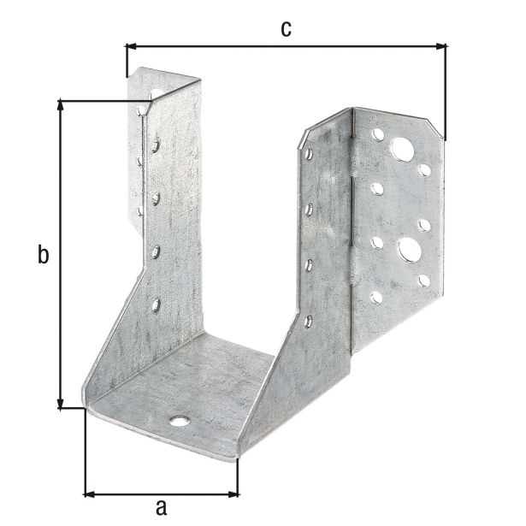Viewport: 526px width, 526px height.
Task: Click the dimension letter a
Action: pyautogui.click(x=161, y=505)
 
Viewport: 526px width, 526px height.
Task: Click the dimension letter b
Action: pyautogui.click(x=41, y=254)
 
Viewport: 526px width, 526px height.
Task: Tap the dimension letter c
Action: pyautogui.click(x=286, y=28)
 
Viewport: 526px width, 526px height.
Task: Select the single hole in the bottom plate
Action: pyautogui.click(x=178, y=421)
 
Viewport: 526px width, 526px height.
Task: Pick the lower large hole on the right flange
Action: pyautogui.click(x=408, y=250)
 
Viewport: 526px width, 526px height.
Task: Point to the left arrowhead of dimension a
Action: pyautogui.click(x=89, y=493)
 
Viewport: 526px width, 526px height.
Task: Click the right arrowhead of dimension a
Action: pyautogui.click(x=235, y=493)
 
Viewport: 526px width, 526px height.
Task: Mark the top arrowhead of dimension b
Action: pyautogui.click(x=61, y=105)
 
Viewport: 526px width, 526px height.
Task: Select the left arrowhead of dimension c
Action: pyautogui.click(x=131, y=46)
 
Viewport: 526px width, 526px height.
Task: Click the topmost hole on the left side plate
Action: pyautogui.click(x=156, y=146)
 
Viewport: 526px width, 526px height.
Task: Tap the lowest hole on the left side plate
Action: pyautogui.click(x=156, y=304)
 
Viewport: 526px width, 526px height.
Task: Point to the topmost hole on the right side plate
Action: pyautogui.click(x=309, y=154)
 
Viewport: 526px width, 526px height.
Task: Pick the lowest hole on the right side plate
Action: pyautogui.click(x=308, y=322)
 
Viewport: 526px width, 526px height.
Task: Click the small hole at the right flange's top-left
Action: pyautogui.click(x=377, y=134)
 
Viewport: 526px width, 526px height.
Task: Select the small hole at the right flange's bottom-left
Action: pyautogui.click(x=376, y=297)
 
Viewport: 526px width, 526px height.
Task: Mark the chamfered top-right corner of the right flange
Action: pyautogui.click(x=440, y=127)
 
